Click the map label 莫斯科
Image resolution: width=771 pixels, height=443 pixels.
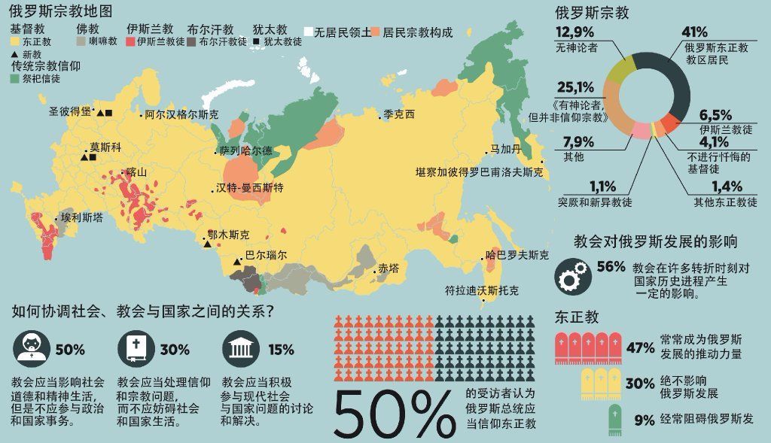(x=105, y=147)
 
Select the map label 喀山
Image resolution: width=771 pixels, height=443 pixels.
(x=136, y=172)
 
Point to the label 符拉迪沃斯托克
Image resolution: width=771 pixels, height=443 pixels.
(x=482, y=290)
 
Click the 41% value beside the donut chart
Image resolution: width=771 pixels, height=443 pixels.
(x=694, y=32)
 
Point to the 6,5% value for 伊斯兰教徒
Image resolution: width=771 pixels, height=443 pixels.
(x=715, y=115)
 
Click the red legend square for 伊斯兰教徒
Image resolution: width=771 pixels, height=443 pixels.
(x=130, y=42)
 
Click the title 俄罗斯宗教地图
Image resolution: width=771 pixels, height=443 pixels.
(x=60, y=12)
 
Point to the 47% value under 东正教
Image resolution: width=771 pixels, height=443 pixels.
(x=640, y=348)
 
